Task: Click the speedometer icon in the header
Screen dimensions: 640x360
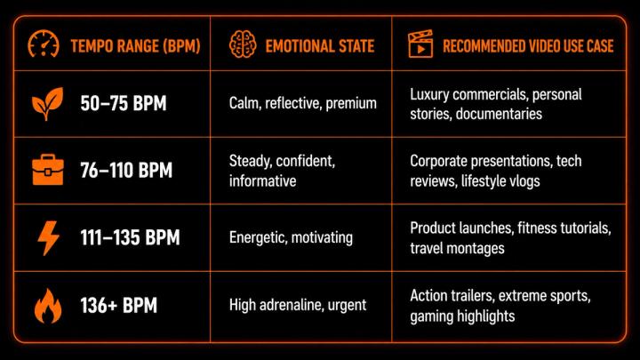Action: tap(44, 44)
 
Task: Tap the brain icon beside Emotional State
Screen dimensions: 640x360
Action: tap(243, 44)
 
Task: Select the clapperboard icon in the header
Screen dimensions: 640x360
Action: tap(420, 44)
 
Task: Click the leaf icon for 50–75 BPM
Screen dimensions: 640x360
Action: tap(48, 104)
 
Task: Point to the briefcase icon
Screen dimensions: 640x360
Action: tap(48, 170)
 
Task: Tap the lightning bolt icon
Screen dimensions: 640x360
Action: tap(48, 238)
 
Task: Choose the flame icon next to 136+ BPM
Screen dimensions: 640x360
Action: tap(48, 306)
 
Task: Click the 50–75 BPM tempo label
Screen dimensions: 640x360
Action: tap(124, 103)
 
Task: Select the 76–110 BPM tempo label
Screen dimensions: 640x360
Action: tap(126, 170)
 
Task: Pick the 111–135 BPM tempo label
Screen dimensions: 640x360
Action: tap(130, 237)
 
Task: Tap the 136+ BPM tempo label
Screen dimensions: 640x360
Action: tap(119, 305)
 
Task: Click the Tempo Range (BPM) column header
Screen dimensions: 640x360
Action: tap(135, 46)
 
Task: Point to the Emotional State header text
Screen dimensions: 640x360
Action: tap(320, 46)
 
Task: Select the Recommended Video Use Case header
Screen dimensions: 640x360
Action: tap(528, 46)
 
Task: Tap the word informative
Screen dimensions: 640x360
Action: tap(262, 180)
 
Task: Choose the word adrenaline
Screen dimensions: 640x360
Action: tap(290, 305)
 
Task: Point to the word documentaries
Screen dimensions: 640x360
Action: tap(499, 114)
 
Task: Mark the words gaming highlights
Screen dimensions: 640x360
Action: tap(462, 316)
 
